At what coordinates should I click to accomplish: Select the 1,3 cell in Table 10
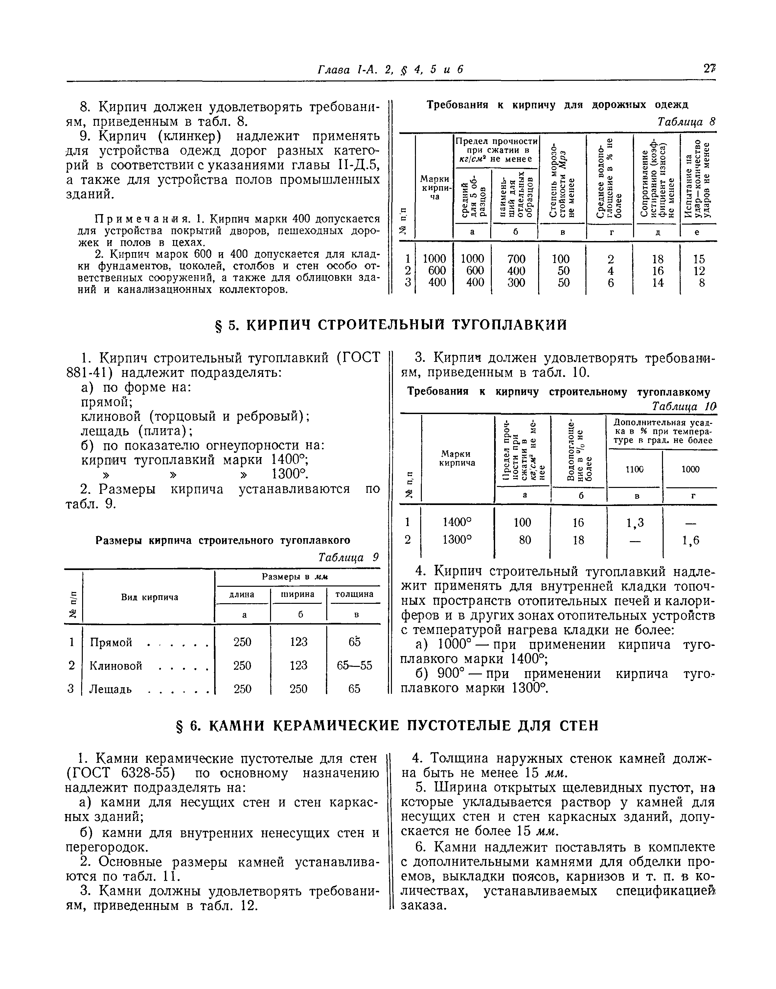tap(635, 523)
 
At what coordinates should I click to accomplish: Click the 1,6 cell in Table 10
tap(690, 540)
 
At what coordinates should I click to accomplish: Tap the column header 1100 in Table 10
tap(635, 469)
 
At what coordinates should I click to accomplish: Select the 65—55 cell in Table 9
tap(354, 665)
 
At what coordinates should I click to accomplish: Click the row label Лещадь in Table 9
tap(110, 689)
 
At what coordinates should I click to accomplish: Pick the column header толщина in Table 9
tap(354, 594)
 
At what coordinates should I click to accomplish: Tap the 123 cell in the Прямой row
tap(299, 642)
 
